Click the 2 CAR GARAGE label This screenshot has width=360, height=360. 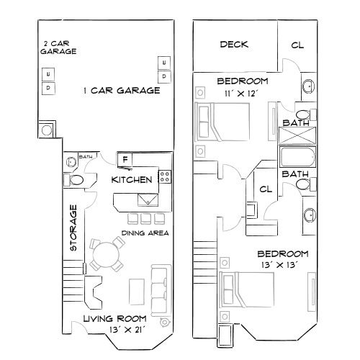click(55, 48)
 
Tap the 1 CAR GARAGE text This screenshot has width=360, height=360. click(122, 91)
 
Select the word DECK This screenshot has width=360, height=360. click(234, 45)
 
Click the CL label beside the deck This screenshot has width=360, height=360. click(297, 45)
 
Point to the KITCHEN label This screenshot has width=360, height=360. click(131, 179)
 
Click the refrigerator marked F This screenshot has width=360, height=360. click(125, 159)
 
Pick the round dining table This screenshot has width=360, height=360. click(106, 255)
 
